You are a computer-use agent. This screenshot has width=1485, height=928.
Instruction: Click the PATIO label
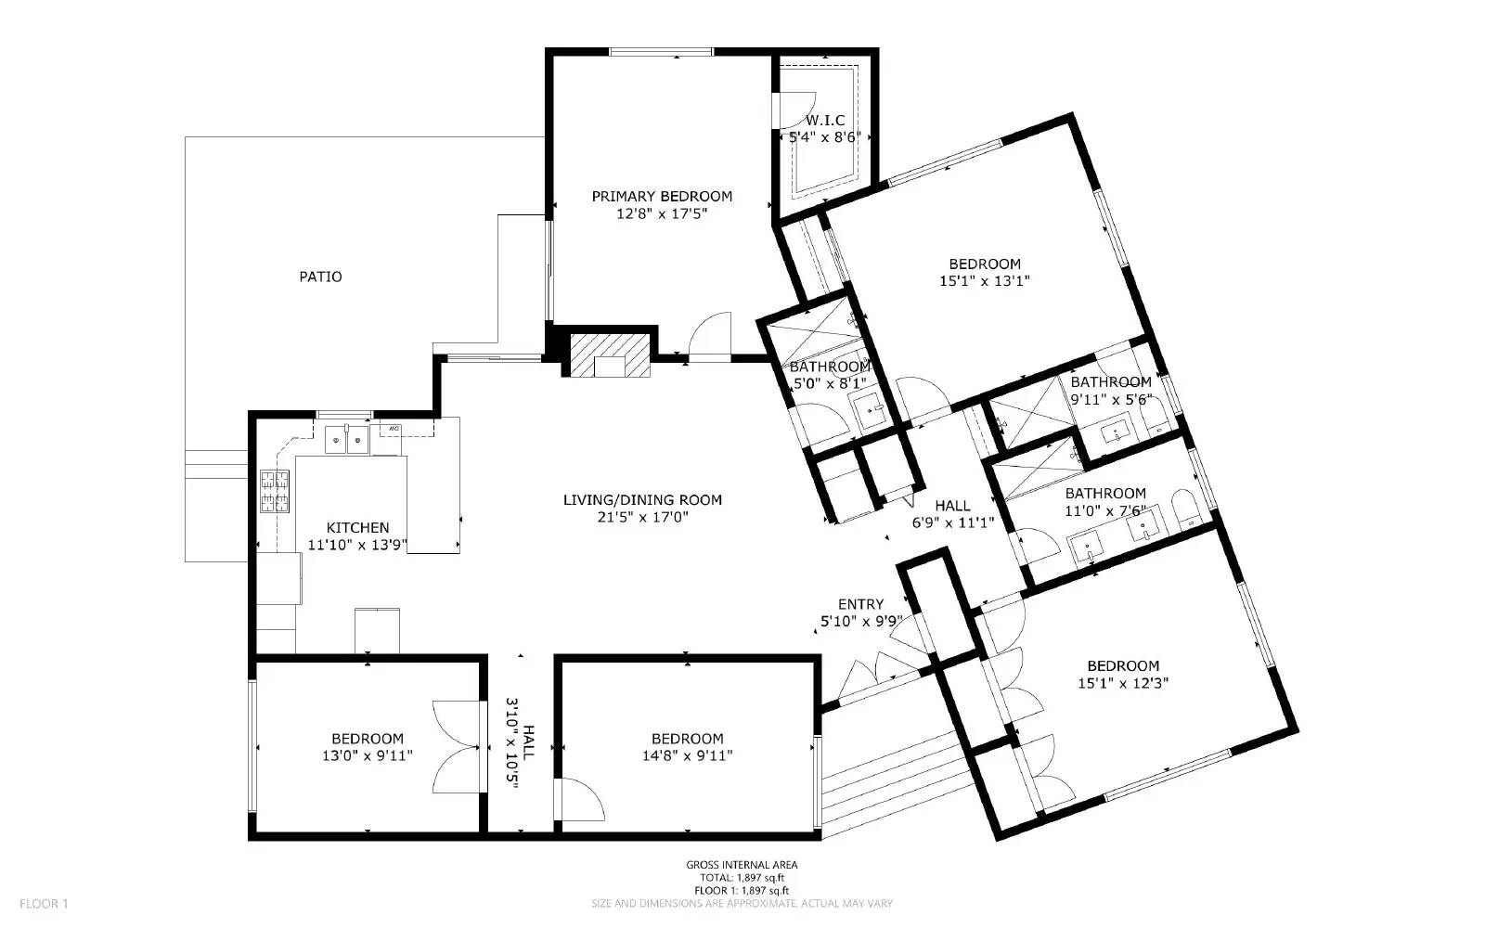pyautogui.click(x=320, y=277)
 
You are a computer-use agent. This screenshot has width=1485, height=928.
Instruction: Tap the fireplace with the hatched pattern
pyautogui.click(x=610, y=355)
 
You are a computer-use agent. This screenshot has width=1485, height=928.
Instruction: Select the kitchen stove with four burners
pyautogui.click(x=275, y=491)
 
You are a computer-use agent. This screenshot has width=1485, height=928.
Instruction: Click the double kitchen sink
pyautogui.click(x=347, y=439)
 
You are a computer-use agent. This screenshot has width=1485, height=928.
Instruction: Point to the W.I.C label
pyautogui.click(x=825, y=120)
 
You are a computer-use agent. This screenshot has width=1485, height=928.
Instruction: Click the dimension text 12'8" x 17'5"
pyautogui.click(x=662, y=213)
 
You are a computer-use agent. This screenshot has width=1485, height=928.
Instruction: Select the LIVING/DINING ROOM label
pyautogui.click(x=642, y=500)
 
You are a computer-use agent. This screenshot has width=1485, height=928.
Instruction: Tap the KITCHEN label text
pyautogui.click(x=357, y=528)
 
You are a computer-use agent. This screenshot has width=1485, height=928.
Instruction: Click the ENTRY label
pyautogui.click(x=860, y=604)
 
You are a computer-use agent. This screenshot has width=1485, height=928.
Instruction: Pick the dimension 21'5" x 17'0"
pyautogui.click(x=642, y=517)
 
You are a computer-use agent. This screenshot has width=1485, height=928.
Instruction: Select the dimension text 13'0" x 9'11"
pyautogui.click(x=368, y=755)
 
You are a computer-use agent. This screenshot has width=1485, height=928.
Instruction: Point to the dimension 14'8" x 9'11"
pyautogui.click(x=688, y=755)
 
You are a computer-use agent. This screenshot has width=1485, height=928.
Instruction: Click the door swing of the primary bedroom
pyautogui.click(x=710, y=335)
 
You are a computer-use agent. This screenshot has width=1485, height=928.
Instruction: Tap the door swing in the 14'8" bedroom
pyautogui.click(x=582, y=799)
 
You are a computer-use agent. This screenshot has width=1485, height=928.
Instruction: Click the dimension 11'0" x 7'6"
pyautogui.click(x=1105, y=510)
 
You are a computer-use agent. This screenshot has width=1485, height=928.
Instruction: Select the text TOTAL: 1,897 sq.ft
pyautogui.click(x=742, y=878)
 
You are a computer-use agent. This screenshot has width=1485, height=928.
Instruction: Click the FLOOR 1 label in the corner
pyautogui.click(x=44, y=904)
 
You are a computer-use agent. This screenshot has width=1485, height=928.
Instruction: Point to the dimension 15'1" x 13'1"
pyautogui.click(x=985, y=280)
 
